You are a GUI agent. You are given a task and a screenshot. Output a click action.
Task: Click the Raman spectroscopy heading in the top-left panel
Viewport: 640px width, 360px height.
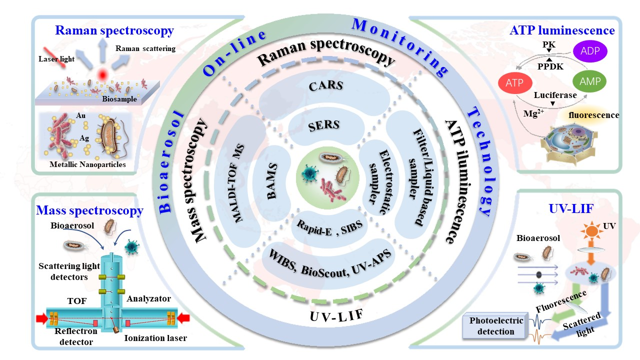click(114, 31)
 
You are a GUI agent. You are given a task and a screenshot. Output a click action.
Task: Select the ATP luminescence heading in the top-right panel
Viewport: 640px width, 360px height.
click(562, 30)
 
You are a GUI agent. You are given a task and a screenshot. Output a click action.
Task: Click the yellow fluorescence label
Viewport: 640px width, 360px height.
click(597, 115)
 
